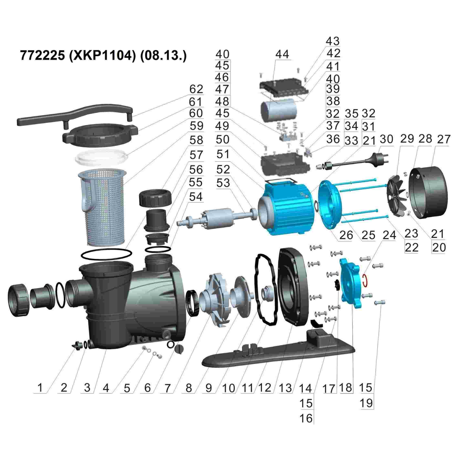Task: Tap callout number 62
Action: click(x=196, y=89)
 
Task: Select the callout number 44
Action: click(x=282, y=54)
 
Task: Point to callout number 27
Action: click(x=444, y=139)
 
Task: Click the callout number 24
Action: click(x=389, y=235)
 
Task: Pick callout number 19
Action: click(x=366, y=403)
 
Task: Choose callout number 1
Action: click(x=40, y=388)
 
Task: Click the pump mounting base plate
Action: click(x=279, y=352)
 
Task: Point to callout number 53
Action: click(x=223, y=183)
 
